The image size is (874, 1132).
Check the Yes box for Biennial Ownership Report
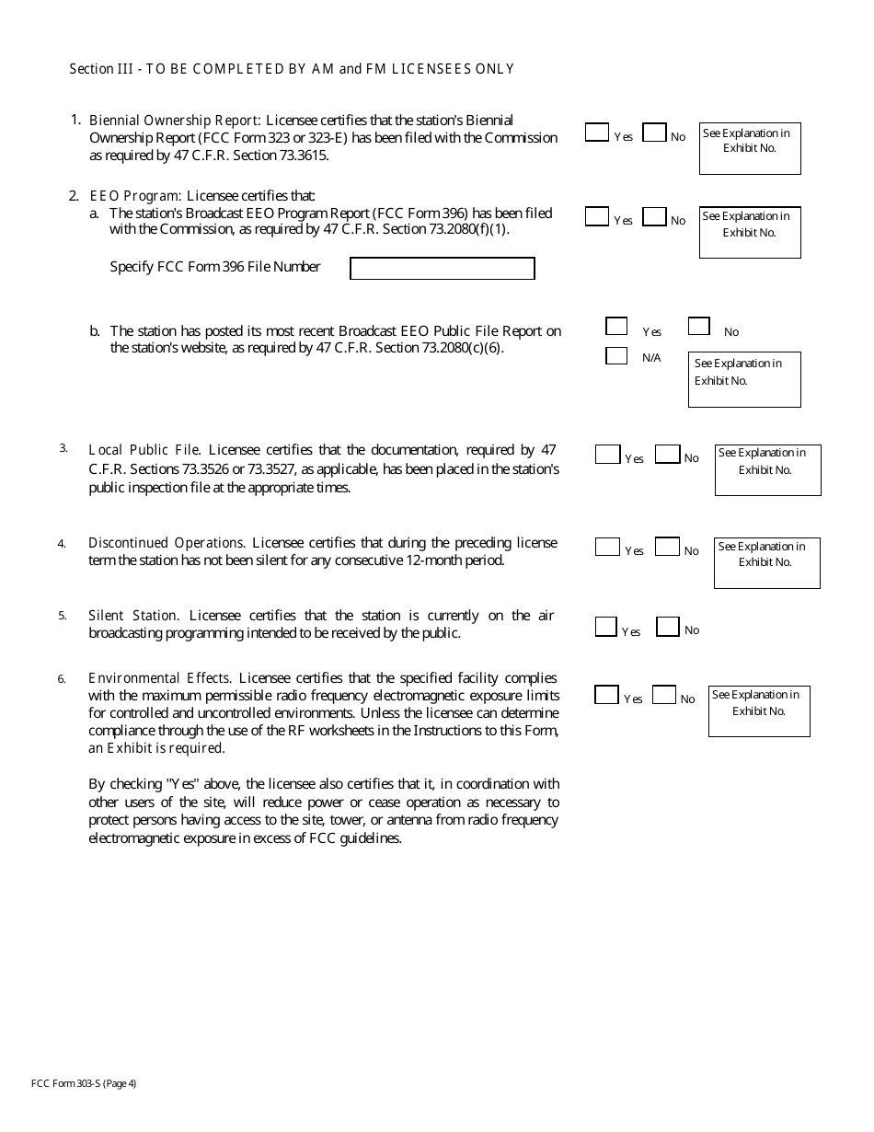click(596, 133)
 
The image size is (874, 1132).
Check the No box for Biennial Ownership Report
click(654, 133)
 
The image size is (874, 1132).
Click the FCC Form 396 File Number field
click(442, 268)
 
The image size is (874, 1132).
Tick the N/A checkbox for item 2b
click(616, 355)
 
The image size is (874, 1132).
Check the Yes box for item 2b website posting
click(616, 326)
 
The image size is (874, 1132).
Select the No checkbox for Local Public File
click(668, 455)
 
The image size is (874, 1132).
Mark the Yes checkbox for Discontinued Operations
click(607, 547)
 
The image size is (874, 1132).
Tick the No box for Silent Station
click(668, 627)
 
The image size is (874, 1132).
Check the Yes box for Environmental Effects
click(606, 695)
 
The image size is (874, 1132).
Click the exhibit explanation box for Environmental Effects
click(759, 710)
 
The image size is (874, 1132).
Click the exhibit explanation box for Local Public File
click(767, 469)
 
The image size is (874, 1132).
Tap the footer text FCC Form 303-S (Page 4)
click(84, 1083)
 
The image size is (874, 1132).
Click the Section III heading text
click(292, 69)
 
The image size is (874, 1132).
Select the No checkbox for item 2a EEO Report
click(654, 217)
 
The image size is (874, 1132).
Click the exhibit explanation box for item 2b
click(744, 379)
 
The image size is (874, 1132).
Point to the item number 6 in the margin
click(62, 679)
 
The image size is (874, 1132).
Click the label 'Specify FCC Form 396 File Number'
click(215, 267)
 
